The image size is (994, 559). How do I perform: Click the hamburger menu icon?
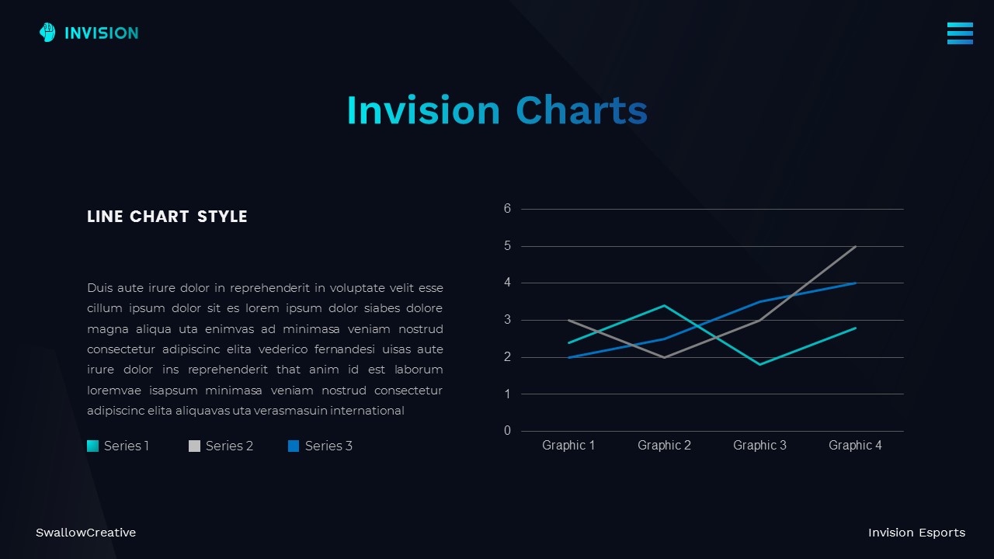click(960, 33)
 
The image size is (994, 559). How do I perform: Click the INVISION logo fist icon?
click(47, 33)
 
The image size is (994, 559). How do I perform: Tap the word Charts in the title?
click(581, 110)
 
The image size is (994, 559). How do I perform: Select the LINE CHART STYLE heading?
click(167, 217)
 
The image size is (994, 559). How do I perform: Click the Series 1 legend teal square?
click(93, 446)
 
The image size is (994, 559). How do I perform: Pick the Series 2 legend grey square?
click(194, 446)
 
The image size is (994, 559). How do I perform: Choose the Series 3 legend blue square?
click(294, 446)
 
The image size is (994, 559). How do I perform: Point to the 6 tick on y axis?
click(507, 209)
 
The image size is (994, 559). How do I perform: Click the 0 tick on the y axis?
click(507, 431)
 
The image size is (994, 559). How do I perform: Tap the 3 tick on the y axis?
click(507, 320)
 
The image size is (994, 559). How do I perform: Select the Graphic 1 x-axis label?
click(568, 445)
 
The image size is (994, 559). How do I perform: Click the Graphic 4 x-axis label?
click(855, 445)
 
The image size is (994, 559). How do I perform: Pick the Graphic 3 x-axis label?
click(759, 445)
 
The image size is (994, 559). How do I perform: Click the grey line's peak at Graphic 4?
click(855, 247)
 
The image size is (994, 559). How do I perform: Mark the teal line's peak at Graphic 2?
click(664, 306)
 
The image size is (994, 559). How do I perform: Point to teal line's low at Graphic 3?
click(759, 364)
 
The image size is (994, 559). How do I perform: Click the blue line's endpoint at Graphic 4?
click(855, 283)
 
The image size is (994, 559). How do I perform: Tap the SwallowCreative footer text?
click(85, 533)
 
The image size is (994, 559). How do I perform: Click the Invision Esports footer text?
click(916, 533)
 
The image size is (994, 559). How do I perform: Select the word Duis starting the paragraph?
click(99, 288)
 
